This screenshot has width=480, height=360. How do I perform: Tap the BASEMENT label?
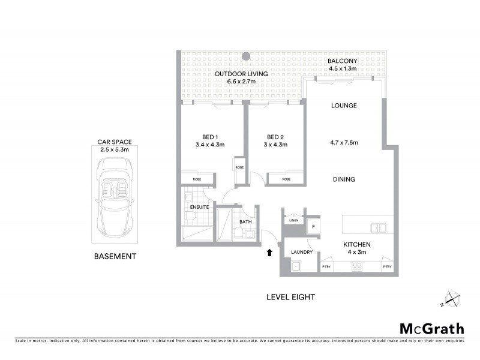tap(115, 256)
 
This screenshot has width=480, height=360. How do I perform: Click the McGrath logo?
tap(431, 328)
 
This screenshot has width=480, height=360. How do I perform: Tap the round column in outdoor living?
tap(246, 57)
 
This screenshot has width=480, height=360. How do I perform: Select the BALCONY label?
tap(343, 61)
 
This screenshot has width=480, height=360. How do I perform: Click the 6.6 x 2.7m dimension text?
tap(242, 82)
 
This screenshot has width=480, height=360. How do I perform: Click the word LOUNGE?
tap(344, 106)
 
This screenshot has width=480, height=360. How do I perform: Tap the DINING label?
tap(344, 179)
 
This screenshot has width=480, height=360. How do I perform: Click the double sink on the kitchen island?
tap(377, 227)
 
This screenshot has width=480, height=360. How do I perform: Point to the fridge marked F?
tap(312, 227)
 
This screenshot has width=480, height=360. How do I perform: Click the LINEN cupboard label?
tap(293, 221)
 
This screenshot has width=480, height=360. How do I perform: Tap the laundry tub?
tap(295, 267)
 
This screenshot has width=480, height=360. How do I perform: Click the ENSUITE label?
tap(199, 207)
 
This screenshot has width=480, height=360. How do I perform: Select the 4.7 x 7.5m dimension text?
tap(344, 143)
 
